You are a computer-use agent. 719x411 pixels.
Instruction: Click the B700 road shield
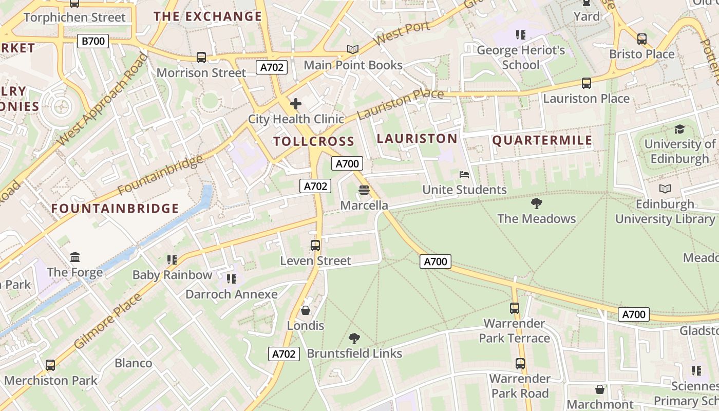[x=93, y=41]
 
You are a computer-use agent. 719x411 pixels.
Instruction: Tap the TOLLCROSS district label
[x=314, y=141]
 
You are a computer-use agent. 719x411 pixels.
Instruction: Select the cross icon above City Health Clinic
[x=295, y=104]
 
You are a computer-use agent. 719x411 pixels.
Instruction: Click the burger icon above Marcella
[x=364, y=190]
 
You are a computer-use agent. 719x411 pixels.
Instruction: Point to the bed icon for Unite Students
[x=464, y=175]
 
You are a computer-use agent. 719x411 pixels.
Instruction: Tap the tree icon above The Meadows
[x=537, y=203]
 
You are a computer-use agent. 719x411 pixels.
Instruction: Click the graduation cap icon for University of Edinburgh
[x=679, y=129]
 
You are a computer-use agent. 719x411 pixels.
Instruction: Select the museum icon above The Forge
[x=75, y=257]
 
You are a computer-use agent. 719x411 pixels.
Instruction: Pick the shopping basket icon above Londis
[x=306, y=310]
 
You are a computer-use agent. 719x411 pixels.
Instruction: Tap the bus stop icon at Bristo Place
[x=641, y=39]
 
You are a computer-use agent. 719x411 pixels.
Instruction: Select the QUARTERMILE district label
[x=542, y=140]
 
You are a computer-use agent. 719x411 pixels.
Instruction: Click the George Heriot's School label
[x=521, y=58]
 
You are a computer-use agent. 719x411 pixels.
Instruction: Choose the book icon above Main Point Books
[x=353, y=50]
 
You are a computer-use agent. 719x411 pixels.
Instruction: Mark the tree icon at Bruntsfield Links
[x=354, y=338]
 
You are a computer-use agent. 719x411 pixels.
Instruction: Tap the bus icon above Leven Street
[x=315, y=246]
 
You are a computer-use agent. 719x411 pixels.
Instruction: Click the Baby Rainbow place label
[x=172, y=275]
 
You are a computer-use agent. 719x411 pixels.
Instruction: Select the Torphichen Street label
[x=74, y=17]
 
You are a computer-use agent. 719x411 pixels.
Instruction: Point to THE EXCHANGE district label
[x=208, y=16]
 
